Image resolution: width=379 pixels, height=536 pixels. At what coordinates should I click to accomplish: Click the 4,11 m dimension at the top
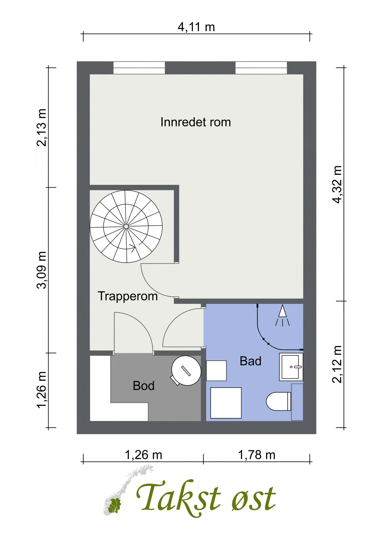pos(196,27)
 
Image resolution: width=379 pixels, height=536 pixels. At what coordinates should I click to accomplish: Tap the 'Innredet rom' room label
pos(196,122)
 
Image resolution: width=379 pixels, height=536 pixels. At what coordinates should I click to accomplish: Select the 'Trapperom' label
pos(128,296)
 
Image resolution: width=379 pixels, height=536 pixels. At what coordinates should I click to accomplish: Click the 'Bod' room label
pos(144,386)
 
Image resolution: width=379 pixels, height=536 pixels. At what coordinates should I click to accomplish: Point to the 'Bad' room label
pos(250,361)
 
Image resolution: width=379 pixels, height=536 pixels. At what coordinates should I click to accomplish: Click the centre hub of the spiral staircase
pos(126,227)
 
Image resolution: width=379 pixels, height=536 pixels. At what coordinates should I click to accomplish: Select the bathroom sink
pos(291,367)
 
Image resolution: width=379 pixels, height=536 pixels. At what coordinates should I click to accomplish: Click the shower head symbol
pos(282,315)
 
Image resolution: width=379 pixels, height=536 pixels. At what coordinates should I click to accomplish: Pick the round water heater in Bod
pos(186,370)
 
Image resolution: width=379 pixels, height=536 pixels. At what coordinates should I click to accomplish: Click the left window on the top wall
pos(139,68)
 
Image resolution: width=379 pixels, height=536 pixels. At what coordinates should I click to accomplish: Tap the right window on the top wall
pos(261,68)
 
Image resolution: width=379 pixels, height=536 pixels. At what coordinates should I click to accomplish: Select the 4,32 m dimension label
pos(337,184)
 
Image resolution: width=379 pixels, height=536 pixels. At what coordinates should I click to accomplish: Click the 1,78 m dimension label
pos(257,455)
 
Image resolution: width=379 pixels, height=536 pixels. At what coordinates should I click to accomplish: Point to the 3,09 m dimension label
pos(41,270)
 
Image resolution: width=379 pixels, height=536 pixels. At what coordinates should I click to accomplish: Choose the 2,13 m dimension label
pos(41,128)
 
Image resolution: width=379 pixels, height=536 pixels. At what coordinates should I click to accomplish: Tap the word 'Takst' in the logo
pos(178,497)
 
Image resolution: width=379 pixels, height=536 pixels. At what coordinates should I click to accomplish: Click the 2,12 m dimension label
pos(337,364)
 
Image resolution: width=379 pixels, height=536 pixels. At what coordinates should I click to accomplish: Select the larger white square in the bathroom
pos(226,403)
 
